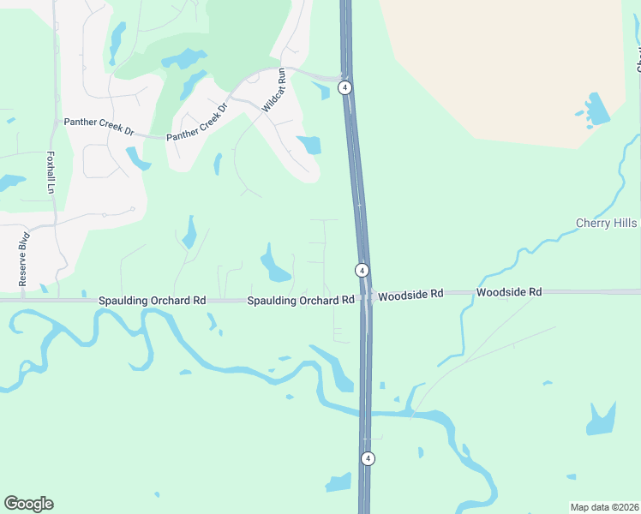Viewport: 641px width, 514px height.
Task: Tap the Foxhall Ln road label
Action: point(50,172)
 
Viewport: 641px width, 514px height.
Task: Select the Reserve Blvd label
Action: point(24,260)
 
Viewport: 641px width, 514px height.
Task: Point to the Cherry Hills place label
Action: point(607,223)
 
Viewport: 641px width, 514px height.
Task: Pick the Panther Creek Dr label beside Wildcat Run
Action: point(198,123)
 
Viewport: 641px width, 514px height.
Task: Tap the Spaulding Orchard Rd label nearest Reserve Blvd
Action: point(153,301)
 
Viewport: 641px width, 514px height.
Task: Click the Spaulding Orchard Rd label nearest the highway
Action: point(301,301)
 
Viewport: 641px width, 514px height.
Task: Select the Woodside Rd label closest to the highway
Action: point(410,294)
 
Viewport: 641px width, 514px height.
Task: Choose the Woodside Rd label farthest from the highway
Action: point(509,292)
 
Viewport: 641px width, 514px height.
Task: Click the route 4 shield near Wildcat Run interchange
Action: point(344,87)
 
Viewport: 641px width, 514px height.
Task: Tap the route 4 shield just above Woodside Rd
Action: point(362,270)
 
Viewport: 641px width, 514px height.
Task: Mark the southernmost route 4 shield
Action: point(368,458)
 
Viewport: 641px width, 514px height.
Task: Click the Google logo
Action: point(28,504)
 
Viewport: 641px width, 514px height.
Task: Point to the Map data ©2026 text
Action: point(604,507)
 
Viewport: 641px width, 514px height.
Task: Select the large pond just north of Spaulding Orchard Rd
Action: point(275,265)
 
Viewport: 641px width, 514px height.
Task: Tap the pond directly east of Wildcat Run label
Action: point(309,144)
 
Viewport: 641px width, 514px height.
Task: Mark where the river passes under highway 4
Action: point(366,413)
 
